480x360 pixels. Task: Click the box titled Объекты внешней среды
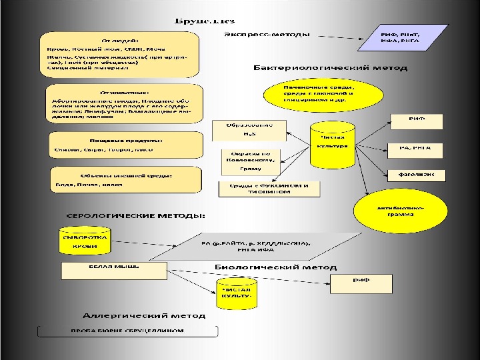126,180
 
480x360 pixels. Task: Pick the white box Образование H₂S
249,129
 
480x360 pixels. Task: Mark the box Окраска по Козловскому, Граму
251,161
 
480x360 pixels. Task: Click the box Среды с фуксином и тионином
269,188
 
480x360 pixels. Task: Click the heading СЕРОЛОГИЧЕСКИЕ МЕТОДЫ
135,216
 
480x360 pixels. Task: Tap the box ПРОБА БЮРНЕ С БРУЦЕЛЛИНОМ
127,331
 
